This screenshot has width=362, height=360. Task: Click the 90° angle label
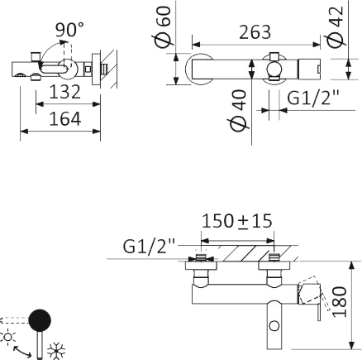[69, 30]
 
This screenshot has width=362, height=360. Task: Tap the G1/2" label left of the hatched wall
[150, 246]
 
